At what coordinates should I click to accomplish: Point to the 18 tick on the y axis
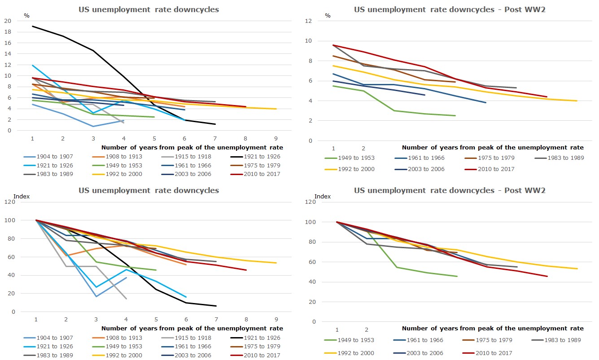point(8,32)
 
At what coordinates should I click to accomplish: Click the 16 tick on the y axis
point(8,43)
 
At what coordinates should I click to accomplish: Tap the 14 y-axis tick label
point(8,54)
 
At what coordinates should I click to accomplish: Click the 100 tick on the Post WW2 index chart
point(310,222)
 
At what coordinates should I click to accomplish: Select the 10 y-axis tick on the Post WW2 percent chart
point(308,41)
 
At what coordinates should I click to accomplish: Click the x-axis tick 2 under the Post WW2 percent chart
point(363,148)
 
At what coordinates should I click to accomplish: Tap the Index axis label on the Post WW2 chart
point(323,196)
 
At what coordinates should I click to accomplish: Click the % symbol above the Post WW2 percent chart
point(328,16)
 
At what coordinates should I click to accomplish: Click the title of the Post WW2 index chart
point(450,190)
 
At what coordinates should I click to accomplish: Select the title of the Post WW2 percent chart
point(450,9)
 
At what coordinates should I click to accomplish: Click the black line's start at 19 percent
point(32,26)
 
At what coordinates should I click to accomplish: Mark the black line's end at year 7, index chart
point(216,306)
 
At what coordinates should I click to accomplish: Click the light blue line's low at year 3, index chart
point(96,287)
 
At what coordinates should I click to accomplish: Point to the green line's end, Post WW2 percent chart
point(455,115)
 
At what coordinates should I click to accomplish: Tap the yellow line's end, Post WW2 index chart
point(577,268)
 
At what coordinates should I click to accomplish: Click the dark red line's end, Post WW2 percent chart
point(547,97)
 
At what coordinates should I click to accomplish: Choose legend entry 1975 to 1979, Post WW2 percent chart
point(490,158)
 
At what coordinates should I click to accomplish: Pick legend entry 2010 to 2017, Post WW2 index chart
point(487,353)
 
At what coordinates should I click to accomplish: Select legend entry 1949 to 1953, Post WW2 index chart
point(349,340)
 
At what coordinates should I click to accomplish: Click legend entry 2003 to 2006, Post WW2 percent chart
point(420,169)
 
